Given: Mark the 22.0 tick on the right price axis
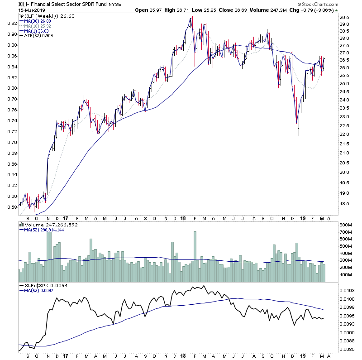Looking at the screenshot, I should click(x=345, y=135).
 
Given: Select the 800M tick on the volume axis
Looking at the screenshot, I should click(x=347, y=225).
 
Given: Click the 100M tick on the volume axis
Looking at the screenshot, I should click(x=347, y=275).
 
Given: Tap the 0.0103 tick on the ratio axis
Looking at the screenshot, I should click(x=348, y=290).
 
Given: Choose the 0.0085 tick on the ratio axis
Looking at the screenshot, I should click(x=348, y=349).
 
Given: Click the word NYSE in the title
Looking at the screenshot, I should click(x=114, y=4).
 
